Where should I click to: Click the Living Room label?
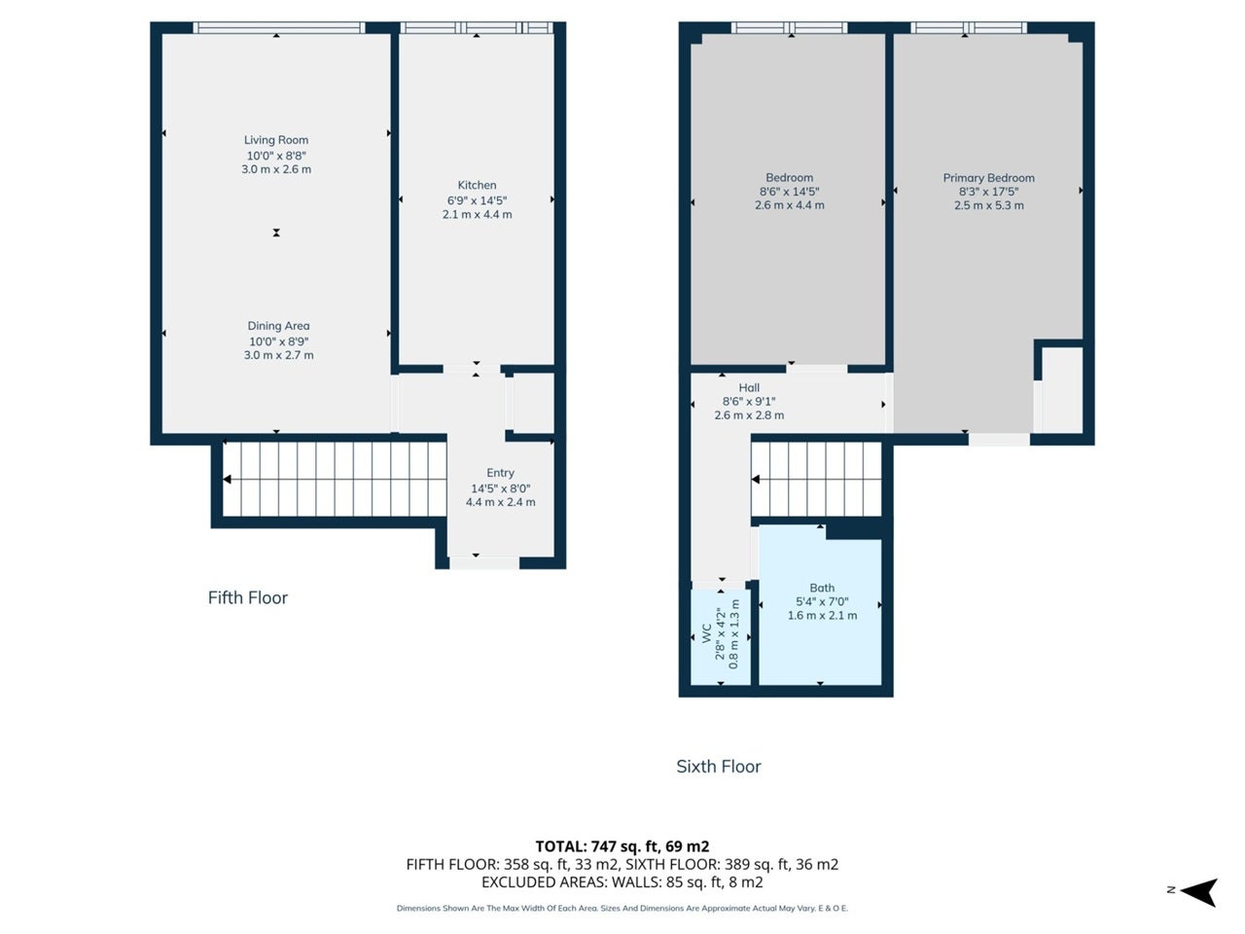click(276, 139)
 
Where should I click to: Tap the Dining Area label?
click(278, 326)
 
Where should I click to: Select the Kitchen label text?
click(477, 185)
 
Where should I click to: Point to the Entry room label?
click(500, 473)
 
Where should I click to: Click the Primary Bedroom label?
click(988, 177)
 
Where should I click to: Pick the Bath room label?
click(822, 588)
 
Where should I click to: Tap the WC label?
click(707, 633)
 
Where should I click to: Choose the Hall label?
click(749, 388)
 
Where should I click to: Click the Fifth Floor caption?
click(248, 597)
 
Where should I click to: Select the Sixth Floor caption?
click(719, 766)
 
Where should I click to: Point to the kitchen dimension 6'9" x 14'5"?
click(477, 200)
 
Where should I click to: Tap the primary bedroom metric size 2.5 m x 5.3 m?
click(988, 205)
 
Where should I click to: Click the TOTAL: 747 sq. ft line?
click(622, 846)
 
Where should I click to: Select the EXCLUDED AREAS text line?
click(622, 881)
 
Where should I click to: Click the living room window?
click(278, 28)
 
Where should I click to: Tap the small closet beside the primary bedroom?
click(1062, 390)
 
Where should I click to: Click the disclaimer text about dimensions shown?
click(622, 908)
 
